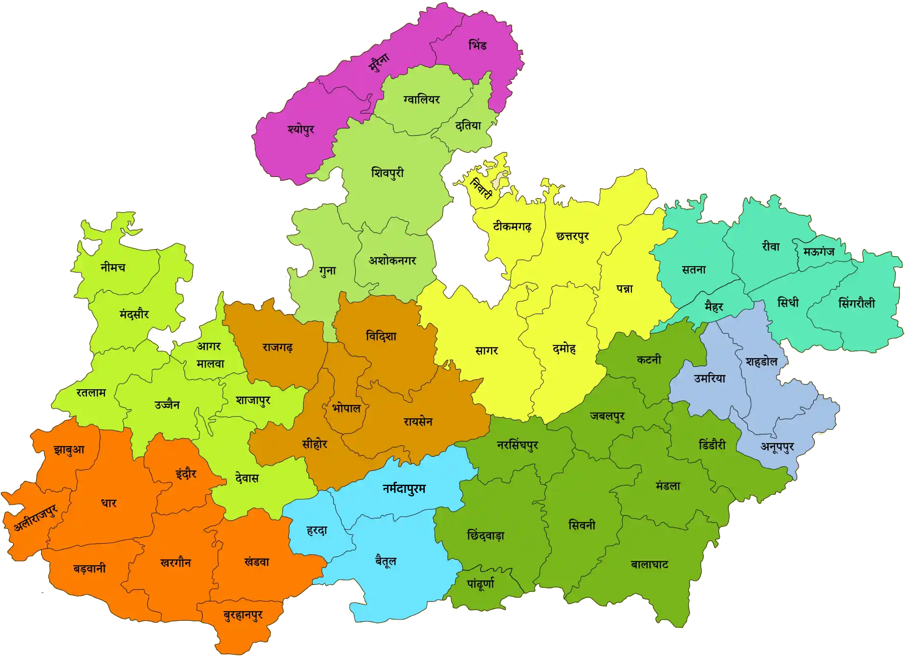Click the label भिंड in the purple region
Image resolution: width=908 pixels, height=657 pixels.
click(477, 45)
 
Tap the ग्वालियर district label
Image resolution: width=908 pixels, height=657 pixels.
click(421, 100)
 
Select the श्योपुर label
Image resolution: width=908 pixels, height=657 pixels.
click(301, 129)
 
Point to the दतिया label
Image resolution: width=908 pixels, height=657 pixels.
click(468, 126)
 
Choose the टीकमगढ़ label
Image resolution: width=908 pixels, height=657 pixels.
click(512, 227)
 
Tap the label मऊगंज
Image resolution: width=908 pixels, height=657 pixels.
click(819, 252)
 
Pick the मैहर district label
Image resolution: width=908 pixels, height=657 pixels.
click(713, 307)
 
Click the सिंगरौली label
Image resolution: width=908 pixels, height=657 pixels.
click(856, 303)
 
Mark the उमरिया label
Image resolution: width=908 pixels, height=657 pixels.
click(710, 378)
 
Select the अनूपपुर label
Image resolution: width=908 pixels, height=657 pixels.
click(777, 446)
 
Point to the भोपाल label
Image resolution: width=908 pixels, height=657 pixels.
click(346, 408)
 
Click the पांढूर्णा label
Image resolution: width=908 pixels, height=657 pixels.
click(480, 583)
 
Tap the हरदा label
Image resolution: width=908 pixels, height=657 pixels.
click(317, 530)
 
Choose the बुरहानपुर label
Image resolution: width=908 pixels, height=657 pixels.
click(243, 615)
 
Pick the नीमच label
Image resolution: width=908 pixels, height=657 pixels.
click(113, 267)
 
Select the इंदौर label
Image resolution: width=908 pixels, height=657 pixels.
click(186, 473)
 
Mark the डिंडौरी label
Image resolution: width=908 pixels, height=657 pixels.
click(712, 445)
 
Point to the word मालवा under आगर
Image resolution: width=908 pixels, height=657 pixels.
click(210, 364)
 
